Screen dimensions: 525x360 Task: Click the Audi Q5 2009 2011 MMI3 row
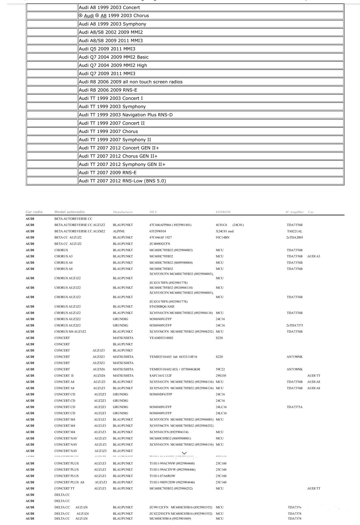tap(107, 49)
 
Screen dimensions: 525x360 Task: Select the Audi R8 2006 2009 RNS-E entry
tap(108, 90)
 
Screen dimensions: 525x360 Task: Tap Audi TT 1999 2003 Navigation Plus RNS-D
tap(126, 115)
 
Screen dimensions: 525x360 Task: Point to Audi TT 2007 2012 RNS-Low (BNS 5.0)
tap(122, 181)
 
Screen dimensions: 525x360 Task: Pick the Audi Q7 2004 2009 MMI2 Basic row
tap(114, 57)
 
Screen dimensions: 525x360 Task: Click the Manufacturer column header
tap(123, 212)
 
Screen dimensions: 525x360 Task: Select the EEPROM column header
tap(223, 212)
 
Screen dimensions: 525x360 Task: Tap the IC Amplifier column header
tap(294, 212)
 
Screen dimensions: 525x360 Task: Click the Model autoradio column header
tap(69, 212)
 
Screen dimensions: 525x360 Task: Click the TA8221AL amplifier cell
tap(294, 231)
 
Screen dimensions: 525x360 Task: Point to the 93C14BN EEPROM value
tap(222, 237)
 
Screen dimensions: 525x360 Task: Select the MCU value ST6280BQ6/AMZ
tap(162, 306)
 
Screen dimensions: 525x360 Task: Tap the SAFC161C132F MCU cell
tap(160, 376)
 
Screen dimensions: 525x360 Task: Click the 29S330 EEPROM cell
tap(221, 376)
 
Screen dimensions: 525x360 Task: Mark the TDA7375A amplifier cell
tap(294, 407)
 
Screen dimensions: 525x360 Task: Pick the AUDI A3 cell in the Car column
tap(313, 256)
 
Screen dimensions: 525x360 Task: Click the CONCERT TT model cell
tap(64, 488)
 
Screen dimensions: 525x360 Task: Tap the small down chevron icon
tap(184, 453)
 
